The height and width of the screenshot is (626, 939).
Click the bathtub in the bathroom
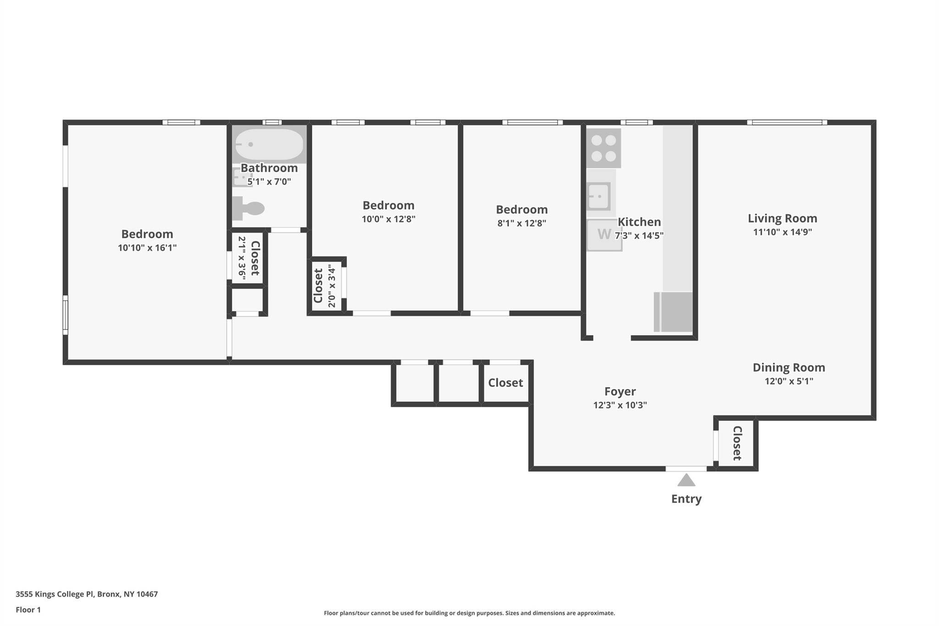(x=269, y=144)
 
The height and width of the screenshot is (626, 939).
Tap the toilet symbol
(x=249, y=209)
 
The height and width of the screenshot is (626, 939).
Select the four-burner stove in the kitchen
(x=604, y=148)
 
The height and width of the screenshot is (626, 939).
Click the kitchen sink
(x=599, y=196)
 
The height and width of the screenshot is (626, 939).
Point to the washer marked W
(x=604, y=235)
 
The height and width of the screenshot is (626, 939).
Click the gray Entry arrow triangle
(x=686, y=480)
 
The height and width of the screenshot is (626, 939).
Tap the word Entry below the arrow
(x=686, y=499)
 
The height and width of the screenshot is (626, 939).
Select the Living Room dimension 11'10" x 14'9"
(x=782, y=232)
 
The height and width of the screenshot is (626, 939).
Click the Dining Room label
(x=789, y=367)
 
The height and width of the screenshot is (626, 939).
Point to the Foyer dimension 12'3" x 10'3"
(x=620, y=405)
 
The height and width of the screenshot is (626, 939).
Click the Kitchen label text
(x=639, y=222)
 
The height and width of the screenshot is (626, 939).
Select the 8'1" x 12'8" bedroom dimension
(x=522, y=223)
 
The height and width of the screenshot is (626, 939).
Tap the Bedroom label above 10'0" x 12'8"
(x=388, y=205)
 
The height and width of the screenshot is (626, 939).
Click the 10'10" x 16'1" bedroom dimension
(x=147, y=248)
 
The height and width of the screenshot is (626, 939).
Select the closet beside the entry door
(x=737, y=443)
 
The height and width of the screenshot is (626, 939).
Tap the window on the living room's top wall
(x=787, y=122)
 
